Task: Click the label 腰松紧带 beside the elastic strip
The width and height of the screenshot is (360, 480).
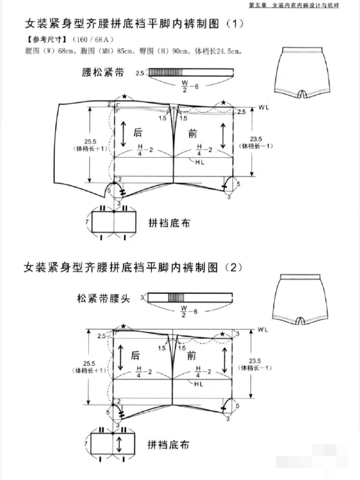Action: (x=103, y=73)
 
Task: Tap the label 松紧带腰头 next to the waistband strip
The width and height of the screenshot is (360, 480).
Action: (x=103, y=298)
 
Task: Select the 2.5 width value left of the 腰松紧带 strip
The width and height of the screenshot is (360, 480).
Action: (x=140, y=73)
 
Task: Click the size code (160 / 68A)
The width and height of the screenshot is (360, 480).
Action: (x=93, y=39)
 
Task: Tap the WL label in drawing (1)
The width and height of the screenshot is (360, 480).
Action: (x=264, y=107)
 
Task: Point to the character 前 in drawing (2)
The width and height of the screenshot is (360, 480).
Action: (x=193, y=355)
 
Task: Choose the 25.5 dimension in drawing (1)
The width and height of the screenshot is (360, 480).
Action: (x=90, y=141)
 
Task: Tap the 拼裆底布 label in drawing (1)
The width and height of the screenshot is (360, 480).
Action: (x=169, y=223)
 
